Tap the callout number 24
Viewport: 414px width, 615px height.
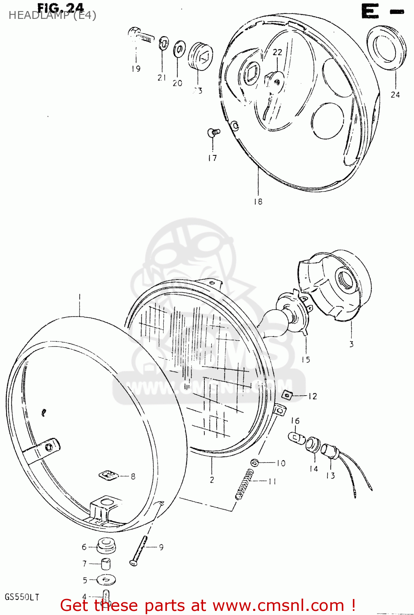pyautogui.click(x=395, y=95)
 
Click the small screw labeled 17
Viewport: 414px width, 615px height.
pyautogui.click(x=213, y=132)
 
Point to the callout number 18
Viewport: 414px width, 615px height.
pyautogui.click(x=258, y=201)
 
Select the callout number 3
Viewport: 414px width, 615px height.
pyautogui.click(x=351, y=344)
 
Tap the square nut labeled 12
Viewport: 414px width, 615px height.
pyautogui.click(x=287, y=395)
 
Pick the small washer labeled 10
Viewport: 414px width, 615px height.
pyautogui.click(x=255, y=463)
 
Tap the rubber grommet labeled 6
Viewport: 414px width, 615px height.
pyautogui.click(x=106, y=546)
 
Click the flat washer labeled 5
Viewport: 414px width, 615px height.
pyautogui.click(x=106, y=580)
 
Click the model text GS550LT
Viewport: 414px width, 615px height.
pyautogui.click(x=22, y=597)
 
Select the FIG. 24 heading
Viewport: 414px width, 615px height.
pyautogui.click(x=60, y=8)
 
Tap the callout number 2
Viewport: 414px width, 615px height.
pyautogui.click(x=212, y=479)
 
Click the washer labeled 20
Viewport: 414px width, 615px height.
pyautogui.click(x=179, y=49)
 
